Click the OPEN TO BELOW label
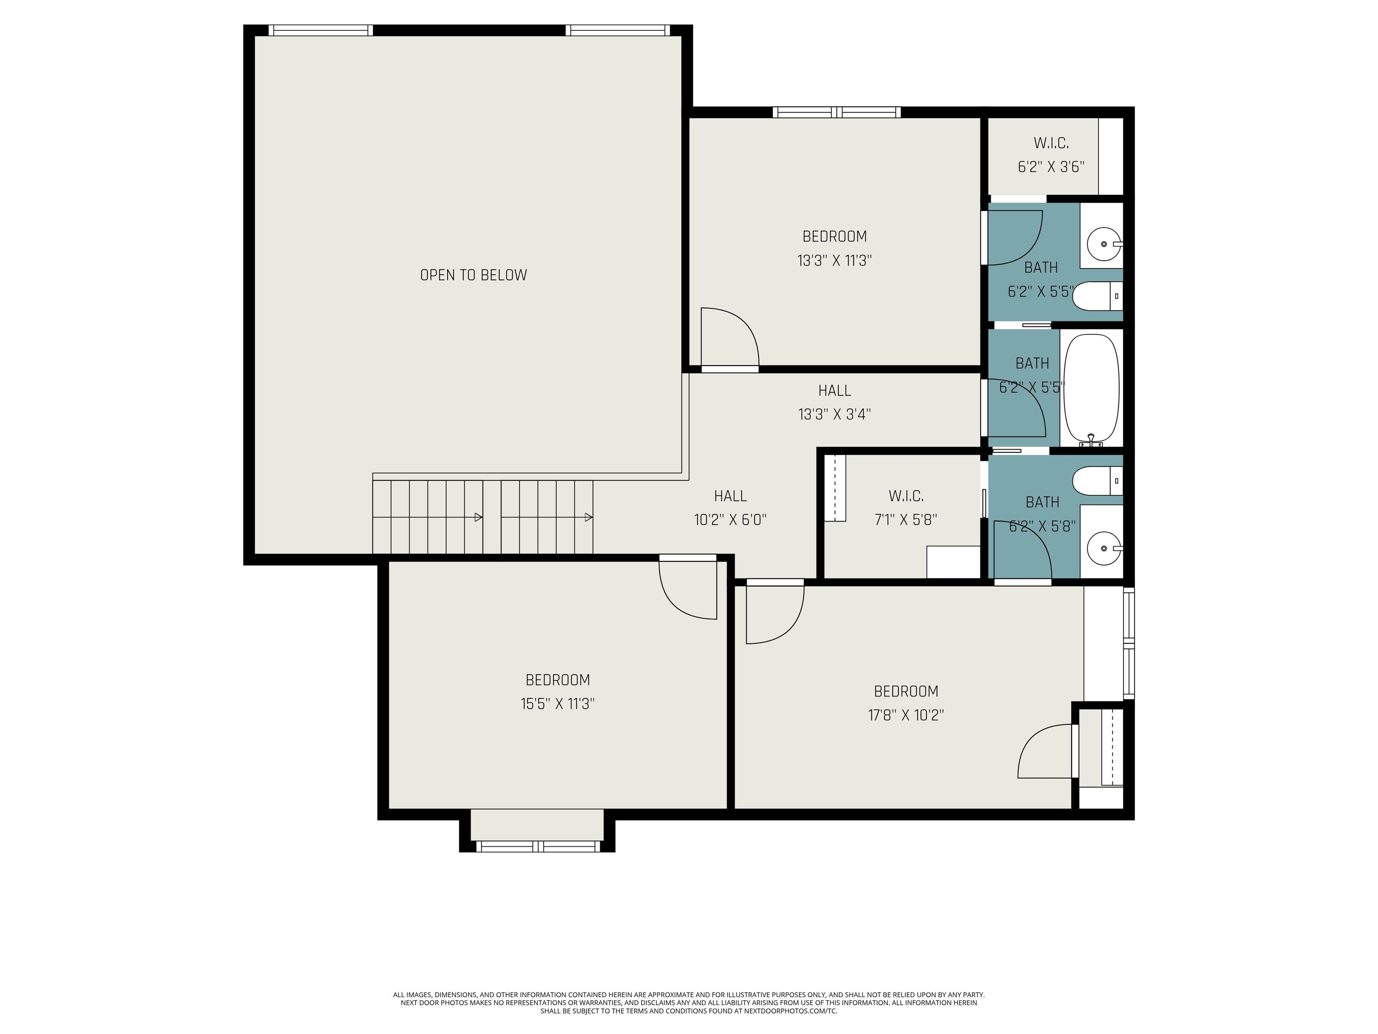(x=473, y=275)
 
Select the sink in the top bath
(x=1104, y=244)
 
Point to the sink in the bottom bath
(x=1104, y=548)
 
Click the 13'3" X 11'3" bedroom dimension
(x=834, y=261)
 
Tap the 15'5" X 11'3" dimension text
(x=558, y=704)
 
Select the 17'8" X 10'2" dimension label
(x=906, y=715)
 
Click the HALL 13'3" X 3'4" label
(x=834, y=402)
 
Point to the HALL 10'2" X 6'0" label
(x=730, y=508)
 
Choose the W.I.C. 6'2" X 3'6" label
(x=1051, y=154)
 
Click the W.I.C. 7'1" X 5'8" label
(x=906, y=508)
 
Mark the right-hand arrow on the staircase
(x=588, y=517)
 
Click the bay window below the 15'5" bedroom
(x=537, y=846)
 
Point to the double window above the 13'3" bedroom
(x=837, y=112)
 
